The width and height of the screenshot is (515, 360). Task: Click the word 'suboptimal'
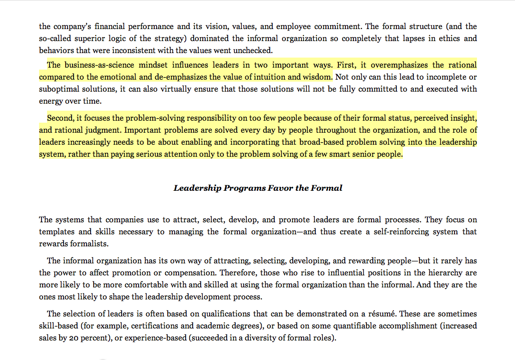59,89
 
